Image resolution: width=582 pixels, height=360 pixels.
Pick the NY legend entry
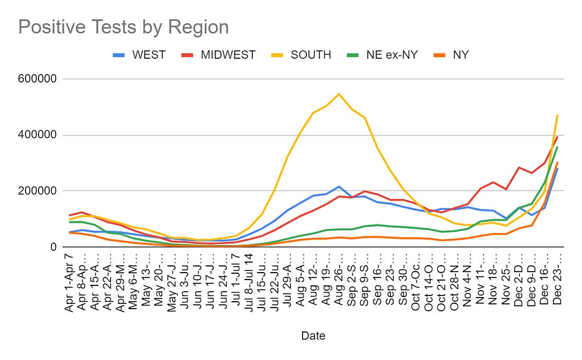coord(460,55)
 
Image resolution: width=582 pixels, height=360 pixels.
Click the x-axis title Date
coord(313,336)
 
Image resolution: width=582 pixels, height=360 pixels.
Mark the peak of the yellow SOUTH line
coord(339,94)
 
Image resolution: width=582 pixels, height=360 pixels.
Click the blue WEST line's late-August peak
coord(339,186)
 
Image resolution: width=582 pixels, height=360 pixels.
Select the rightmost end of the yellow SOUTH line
coord(557,115)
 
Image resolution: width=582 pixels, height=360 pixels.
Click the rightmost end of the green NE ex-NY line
coord(557,147)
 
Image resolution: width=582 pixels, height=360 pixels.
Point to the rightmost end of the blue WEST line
coord(557,168)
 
